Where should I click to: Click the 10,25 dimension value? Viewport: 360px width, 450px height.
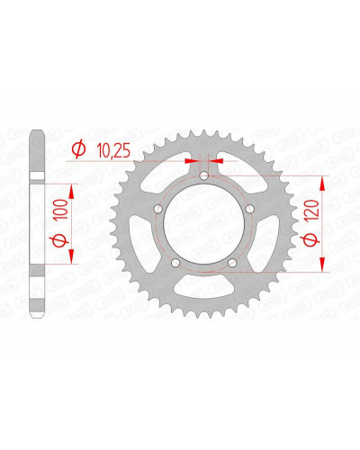coord(114,151)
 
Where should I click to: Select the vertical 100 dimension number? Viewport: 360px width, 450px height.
coord(62,210)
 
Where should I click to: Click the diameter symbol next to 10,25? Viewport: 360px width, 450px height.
coord(78,150)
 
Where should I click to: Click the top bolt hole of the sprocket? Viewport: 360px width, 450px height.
coord(204,175)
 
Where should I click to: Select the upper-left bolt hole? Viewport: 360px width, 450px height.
coord(158,209)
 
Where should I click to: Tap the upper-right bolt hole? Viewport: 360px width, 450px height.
coord(250,209)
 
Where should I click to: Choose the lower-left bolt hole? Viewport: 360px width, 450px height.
coord(175,263)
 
